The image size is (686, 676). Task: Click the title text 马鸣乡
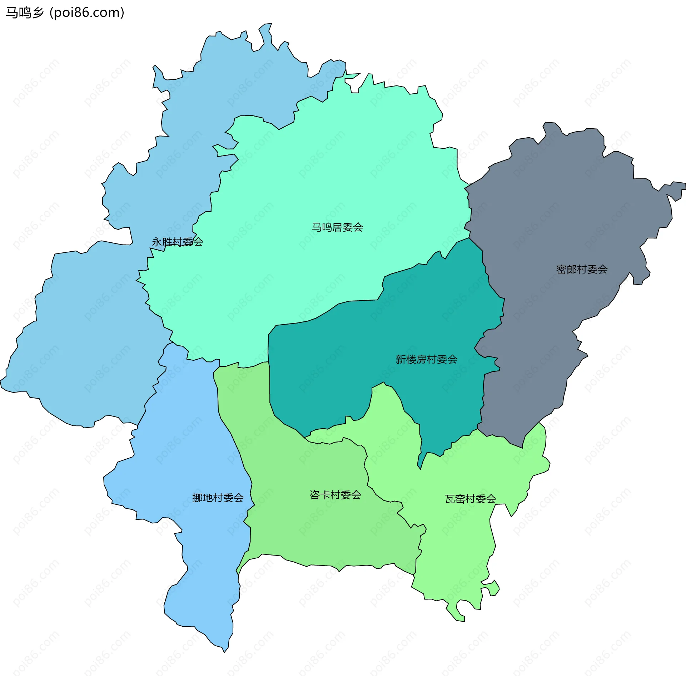tap(24, 13)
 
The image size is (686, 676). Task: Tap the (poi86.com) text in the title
tap(87, 13)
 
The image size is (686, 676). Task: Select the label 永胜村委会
tap(177, 242)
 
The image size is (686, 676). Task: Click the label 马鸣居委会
tap(337, 227)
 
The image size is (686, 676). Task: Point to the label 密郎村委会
tap(582, 269)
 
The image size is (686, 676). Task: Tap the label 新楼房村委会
tap(426, 359)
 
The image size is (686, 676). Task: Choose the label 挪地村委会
tap(218, 498)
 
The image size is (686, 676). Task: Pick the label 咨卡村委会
tap(335, 495)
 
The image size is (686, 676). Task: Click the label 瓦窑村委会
tap(470, 499)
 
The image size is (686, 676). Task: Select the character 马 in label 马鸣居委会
tap(316, 227)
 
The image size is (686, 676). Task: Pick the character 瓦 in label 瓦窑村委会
tap(449, 499)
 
